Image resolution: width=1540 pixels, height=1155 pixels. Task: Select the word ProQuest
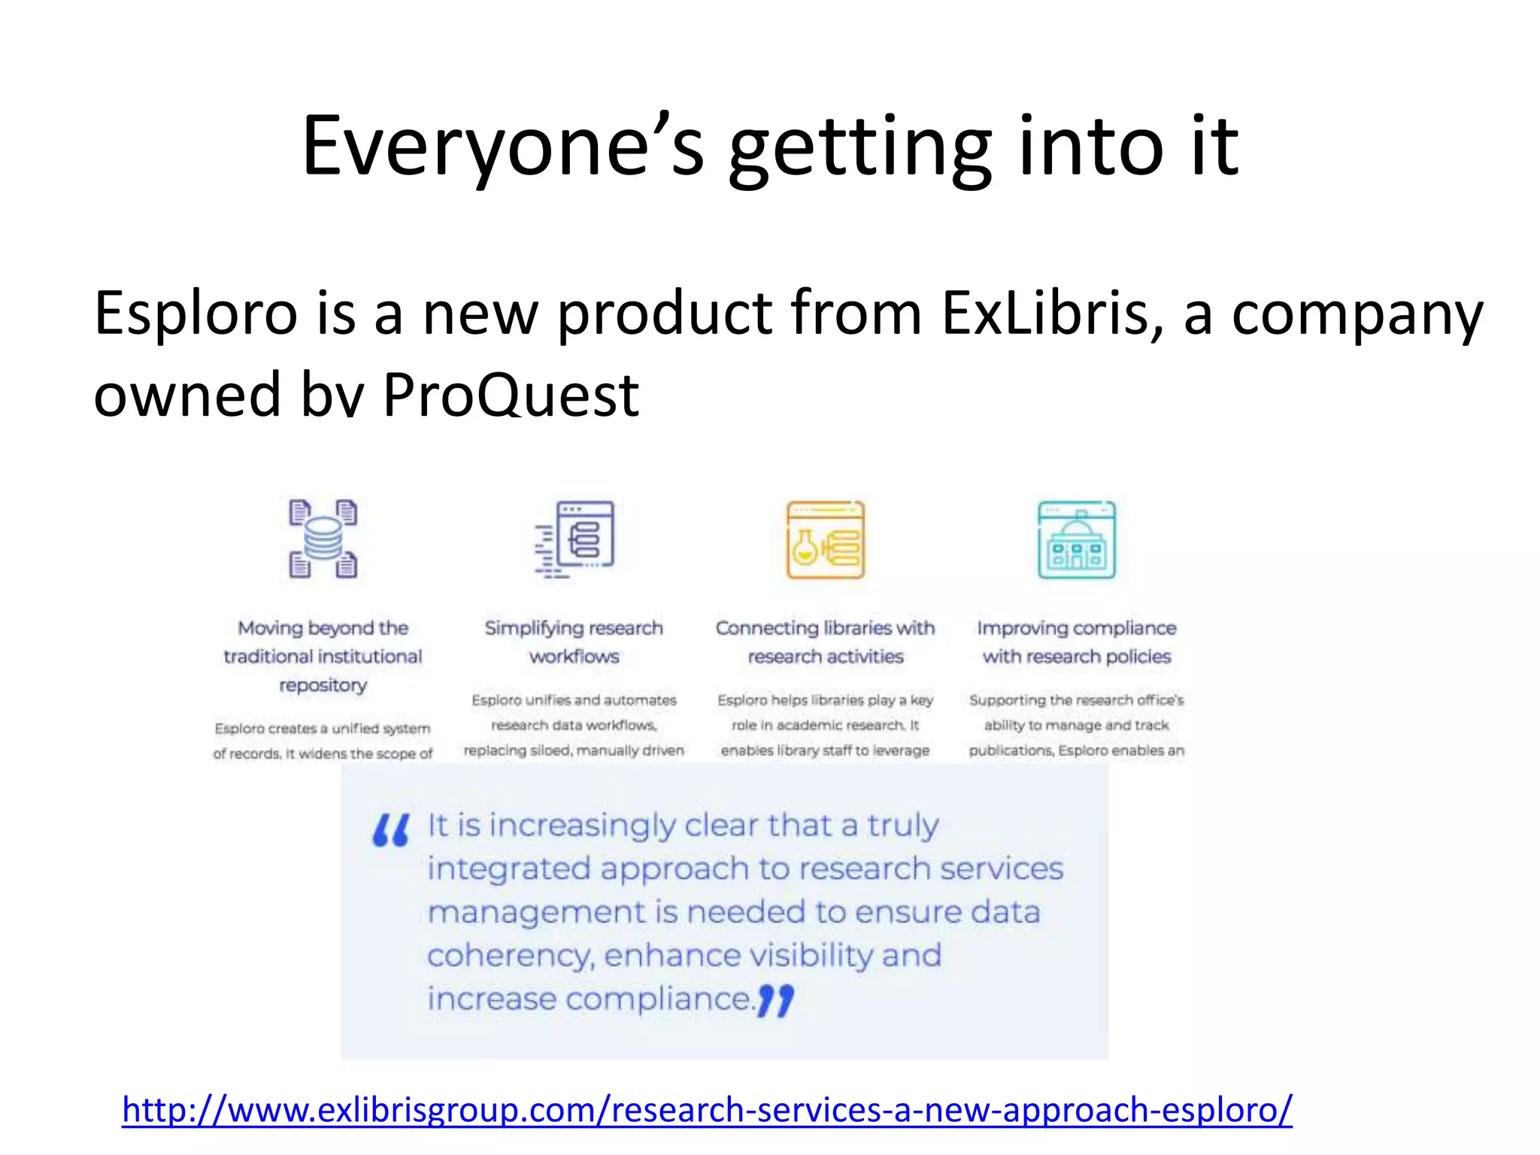[x=511, y=395]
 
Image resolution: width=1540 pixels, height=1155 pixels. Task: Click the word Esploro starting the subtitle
[x=196, y=313]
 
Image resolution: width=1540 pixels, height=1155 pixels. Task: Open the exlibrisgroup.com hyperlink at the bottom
[x=707, y=1110]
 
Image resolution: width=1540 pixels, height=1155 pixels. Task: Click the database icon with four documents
[x=323, y=538]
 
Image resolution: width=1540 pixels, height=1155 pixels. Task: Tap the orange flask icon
[x=825, y=539]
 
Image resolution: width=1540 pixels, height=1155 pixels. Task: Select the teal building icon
[x=1076, y=539]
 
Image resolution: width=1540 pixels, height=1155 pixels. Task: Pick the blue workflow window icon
[x=576, y=539]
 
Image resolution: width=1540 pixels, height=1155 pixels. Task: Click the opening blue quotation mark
[x=391, y=830]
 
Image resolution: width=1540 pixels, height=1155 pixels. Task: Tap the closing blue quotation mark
[x=775, y=1002]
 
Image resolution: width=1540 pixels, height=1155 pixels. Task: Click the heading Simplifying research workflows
[x=574, y=641]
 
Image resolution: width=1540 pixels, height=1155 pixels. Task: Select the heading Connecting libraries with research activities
[x=825, y=641]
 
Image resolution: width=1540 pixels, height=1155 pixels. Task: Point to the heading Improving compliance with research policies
[x=1076, y=641]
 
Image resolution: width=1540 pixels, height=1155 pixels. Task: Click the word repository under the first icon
[x=323, y=685]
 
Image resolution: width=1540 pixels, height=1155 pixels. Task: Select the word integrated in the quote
[x=509, y=869]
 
